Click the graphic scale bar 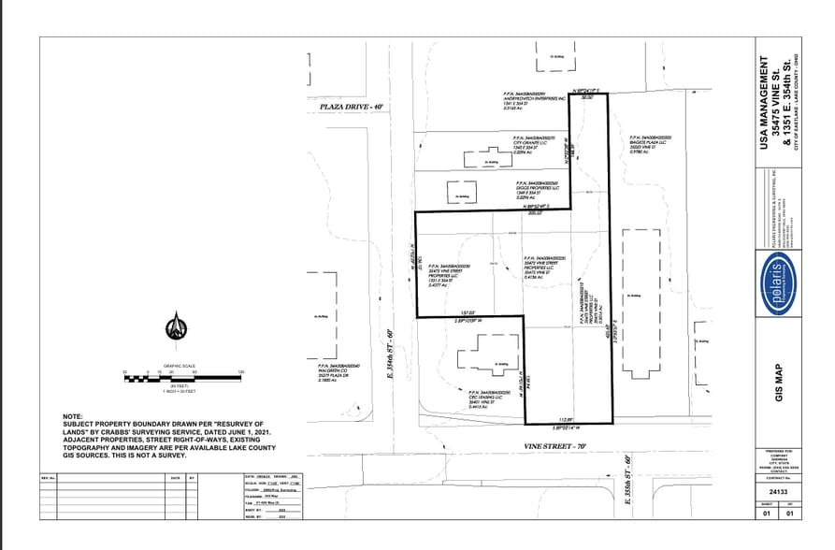click(183, 375)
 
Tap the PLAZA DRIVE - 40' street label click(352, 108)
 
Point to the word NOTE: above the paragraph click(72, 415)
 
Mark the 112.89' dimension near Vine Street click(565, 419)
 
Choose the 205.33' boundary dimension click(535, 212)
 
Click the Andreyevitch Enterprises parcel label click(536, 102)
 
